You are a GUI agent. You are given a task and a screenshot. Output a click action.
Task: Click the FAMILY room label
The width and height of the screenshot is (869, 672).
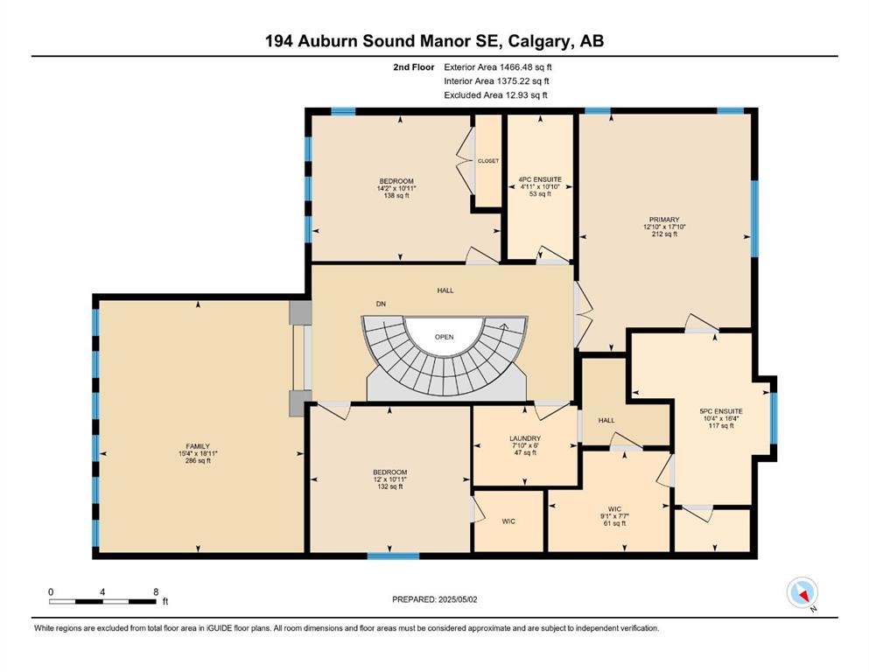(198, 446)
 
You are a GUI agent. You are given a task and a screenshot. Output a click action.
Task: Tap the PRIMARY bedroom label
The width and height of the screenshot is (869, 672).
(664, 220)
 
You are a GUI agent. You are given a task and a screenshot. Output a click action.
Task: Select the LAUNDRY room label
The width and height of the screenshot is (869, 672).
(525, 438)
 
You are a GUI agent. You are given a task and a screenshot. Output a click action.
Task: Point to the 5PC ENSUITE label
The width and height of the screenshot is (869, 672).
(721, 411)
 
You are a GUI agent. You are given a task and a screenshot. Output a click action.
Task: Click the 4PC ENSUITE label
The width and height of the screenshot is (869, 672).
(540, 179)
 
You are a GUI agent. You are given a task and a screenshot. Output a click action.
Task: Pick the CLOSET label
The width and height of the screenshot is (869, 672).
(488, 161)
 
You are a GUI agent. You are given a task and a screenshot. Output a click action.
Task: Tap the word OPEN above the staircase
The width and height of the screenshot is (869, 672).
(444, 337)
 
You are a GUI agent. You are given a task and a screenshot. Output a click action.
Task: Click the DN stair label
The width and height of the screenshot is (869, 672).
(381, 304)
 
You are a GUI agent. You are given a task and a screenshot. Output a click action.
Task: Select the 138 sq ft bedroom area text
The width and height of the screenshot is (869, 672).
(396, 195)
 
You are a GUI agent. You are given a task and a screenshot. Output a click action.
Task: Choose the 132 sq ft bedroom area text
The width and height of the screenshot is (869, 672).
(390, 486)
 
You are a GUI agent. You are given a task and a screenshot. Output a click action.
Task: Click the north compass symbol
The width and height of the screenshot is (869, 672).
(802, 593)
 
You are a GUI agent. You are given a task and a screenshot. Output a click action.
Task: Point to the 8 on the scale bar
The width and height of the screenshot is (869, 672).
(156, 591)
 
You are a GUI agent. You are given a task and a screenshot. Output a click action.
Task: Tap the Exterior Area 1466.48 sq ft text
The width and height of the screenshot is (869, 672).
(498, 67)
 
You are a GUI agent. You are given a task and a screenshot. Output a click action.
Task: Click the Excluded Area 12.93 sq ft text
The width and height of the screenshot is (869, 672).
(495, 94)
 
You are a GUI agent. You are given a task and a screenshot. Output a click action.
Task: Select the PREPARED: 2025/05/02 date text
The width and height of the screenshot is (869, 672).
(434, 599)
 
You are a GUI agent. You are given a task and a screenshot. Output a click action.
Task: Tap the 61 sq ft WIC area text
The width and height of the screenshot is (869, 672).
(614, 523)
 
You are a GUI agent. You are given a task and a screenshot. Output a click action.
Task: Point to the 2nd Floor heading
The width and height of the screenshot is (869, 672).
(413, 67)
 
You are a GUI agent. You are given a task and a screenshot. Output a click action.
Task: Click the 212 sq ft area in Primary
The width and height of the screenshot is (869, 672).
(664, 234)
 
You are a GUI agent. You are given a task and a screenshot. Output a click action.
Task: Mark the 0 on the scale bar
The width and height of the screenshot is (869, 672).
(51, 591)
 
